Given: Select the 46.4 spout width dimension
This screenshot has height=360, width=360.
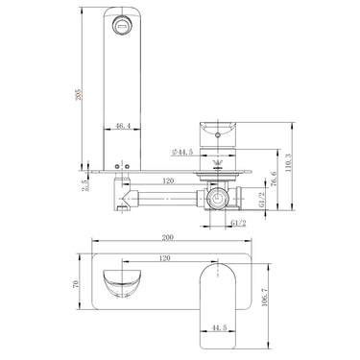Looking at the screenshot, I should click(123, 126).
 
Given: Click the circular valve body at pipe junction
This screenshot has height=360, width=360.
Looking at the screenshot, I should click(218, 200).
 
